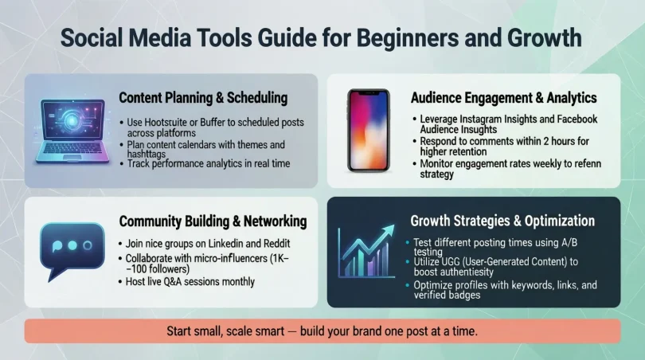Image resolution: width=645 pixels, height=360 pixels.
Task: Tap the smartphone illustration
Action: pyautogui.click(x=369, y=130)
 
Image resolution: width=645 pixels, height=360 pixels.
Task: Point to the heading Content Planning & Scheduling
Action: pyautogui.click(x=203, y=98)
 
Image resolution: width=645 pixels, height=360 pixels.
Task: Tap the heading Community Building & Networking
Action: pyautogui.click(x=212, y=221)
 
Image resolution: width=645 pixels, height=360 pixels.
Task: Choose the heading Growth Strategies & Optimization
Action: pyautogui.click(x=502, y=221)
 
